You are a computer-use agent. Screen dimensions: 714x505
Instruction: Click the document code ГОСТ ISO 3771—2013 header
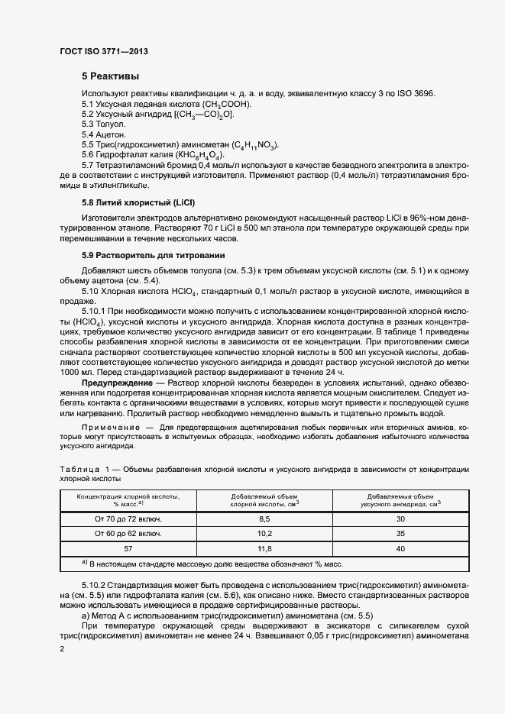click(x=103, y=52)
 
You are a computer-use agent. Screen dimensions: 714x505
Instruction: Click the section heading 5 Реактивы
click(x=111, y=76)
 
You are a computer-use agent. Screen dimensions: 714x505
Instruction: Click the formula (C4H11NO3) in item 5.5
click(x=251, y=145)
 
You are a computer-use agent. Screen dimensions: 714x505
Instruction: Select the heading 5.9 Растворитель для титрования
click(x=154, y=254)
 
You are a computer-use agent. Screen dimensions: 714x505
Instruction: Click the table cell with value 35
click(x=400, y=533)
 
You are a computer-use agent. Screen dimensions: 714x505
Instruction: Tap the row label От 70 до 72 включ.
click(x=128, y=519)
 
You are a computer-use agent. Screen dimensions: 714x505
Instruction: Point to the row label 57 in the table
click(x=128, y=548)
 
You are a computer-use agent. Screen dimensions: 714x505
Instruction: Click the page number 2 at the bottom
click(x=62, y=648)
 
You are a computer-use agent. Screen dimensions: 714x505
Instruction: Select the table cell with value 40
click(x=400, y=548)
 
